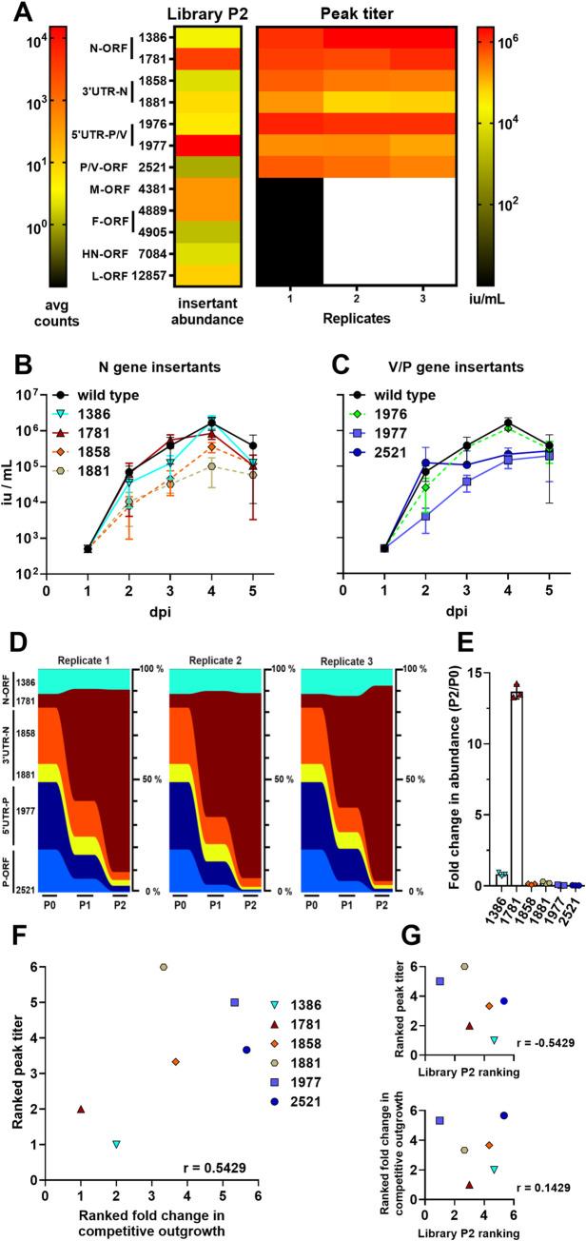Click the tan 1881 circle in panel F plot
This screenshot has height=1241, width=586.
pos(164,966)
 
